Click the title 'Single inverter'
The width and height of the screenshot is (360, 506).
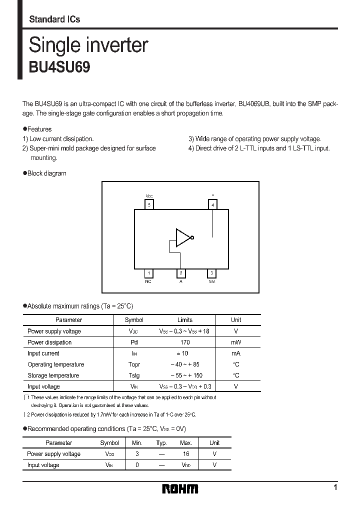88,45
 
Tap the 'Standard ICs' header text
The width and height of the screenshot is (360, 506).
54,19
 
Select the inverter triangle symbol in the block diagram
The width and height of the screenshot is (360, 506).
183,238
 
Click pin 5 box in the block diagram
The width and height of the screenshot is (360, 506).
149,204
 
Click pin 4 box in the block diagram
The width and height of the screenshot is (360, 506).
212,204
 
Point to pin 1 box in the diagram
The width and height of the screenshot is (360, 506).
148,273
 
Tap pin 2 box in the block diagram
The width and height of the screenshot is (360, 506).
181,273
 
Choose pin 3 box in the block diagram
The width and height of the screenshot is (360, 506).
212,273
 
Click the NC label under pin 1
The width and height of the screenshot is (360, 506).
148,282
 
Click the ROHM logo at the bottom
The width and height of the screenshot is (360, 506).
180,488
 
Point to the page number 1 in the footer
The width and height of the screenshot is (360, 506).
335,487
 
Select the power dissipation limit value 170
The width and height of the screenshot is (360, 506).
184,342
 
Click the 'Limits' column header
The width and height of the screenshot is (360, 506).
184,320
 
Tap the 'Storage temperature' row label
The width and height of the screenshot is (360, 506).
53,375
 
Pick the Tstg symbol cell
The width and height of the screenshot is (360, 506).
134,375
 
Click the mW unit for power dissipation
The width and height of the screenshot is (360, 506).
236,342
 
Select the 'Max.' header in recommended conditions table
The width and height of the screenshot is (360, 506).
186,443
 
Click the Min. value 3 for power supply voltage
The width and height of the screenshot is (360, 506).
137,454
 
